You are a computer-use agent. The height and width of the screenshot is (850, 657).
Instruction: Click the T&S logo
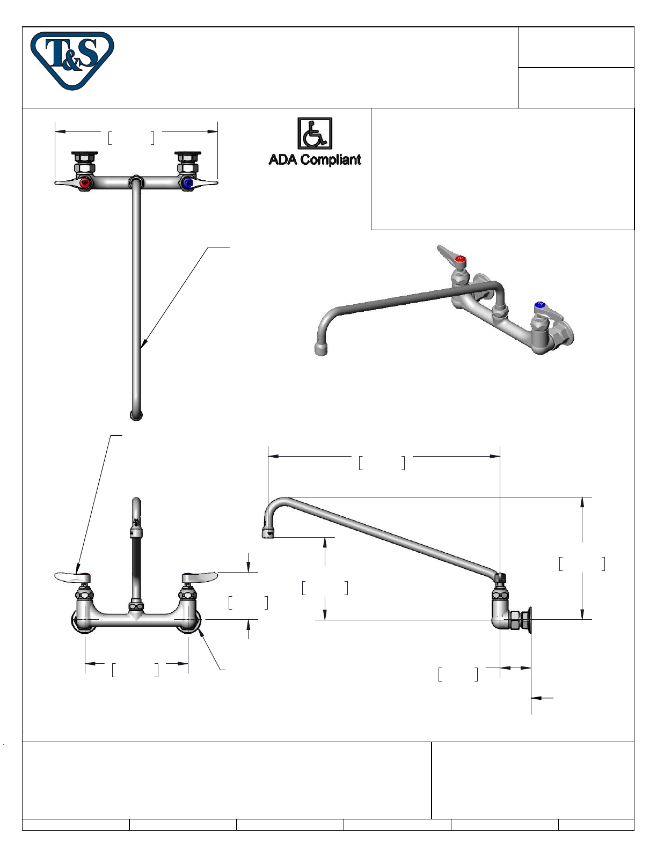(72, 60)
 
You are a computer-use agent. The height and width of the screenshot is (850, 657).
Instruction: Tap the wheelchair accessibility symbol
(315, 134)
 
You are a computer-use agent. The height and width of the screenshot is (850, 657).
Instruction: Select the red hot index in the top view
(84, 183)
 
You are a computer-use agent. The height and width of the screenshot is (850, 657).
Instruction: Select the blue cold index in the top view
(188, 183)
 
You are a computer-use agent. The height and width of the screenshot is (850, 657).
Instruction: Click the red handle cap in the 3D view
(461, 259)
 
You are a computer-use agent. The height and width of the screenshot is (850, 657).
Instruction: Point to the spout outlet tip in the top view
(136, 415)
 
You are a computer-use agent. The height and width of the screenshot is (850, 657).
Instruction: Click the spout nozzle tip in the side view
(268, 533)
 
